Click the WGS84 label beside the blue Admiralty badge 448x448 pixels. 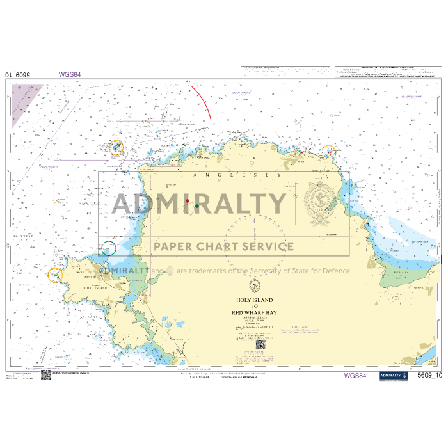tap(355, 376)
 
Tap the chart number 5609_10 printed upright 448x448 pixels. tap(429, 376)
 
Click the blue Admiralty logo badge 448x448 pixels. tap(393, 376)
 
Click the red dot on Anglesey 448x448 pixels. tap(187, 201)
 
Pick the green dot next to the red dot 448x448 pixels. tap(197, 206)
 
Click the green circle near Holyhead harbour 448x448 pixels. tap(109, 248)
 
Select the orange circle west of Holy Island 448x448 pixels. tap(55, 275)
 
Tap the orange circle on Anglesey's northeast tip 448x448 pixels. tap(328, 152)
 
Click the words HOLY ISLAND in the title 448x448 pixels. tap(254, 300)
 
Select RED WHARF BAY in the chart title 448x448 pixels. tap(254, 313)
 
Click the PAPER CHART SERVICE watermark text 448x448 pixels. tap(223, 246)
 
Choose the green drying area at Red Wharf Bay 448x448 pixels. tap(400, 275)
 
